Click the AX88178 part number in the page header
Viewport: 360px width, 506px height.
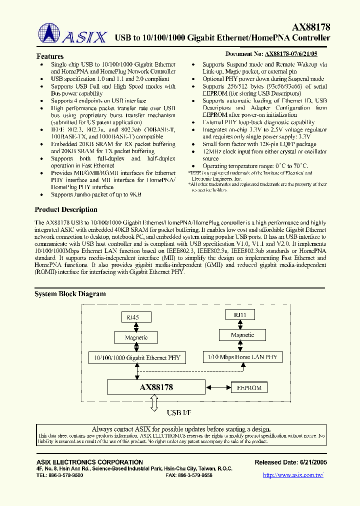point(311,28)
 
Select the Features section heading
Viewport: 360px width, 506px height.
point(50,56)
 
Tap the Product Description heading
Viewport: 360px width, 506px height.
point(66,209)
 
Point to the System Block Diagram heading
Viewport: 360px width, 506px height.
point(70,294)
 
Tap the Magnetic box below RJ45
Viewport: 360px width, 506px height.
point(136,337)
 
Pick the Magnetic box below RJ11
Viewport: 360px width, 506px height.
point(242,335)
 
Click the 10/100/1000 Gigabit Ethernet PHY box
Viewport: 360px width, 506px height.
point(137,357)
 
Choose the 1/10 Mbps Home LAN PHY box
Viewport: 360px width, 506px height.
point(242,356)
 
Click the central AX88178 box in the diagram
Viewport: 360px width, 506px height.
point(156,387)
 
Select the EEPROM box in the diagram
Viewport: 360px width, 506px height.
point(249,387)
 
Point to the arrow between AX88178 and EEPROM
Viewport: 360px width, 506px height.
point(217,387)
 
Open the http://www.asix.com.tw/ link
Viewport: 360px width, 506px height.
point(293,475)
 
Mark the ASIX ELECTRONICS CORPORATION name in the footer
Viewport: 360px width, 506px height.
point(90,462)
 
